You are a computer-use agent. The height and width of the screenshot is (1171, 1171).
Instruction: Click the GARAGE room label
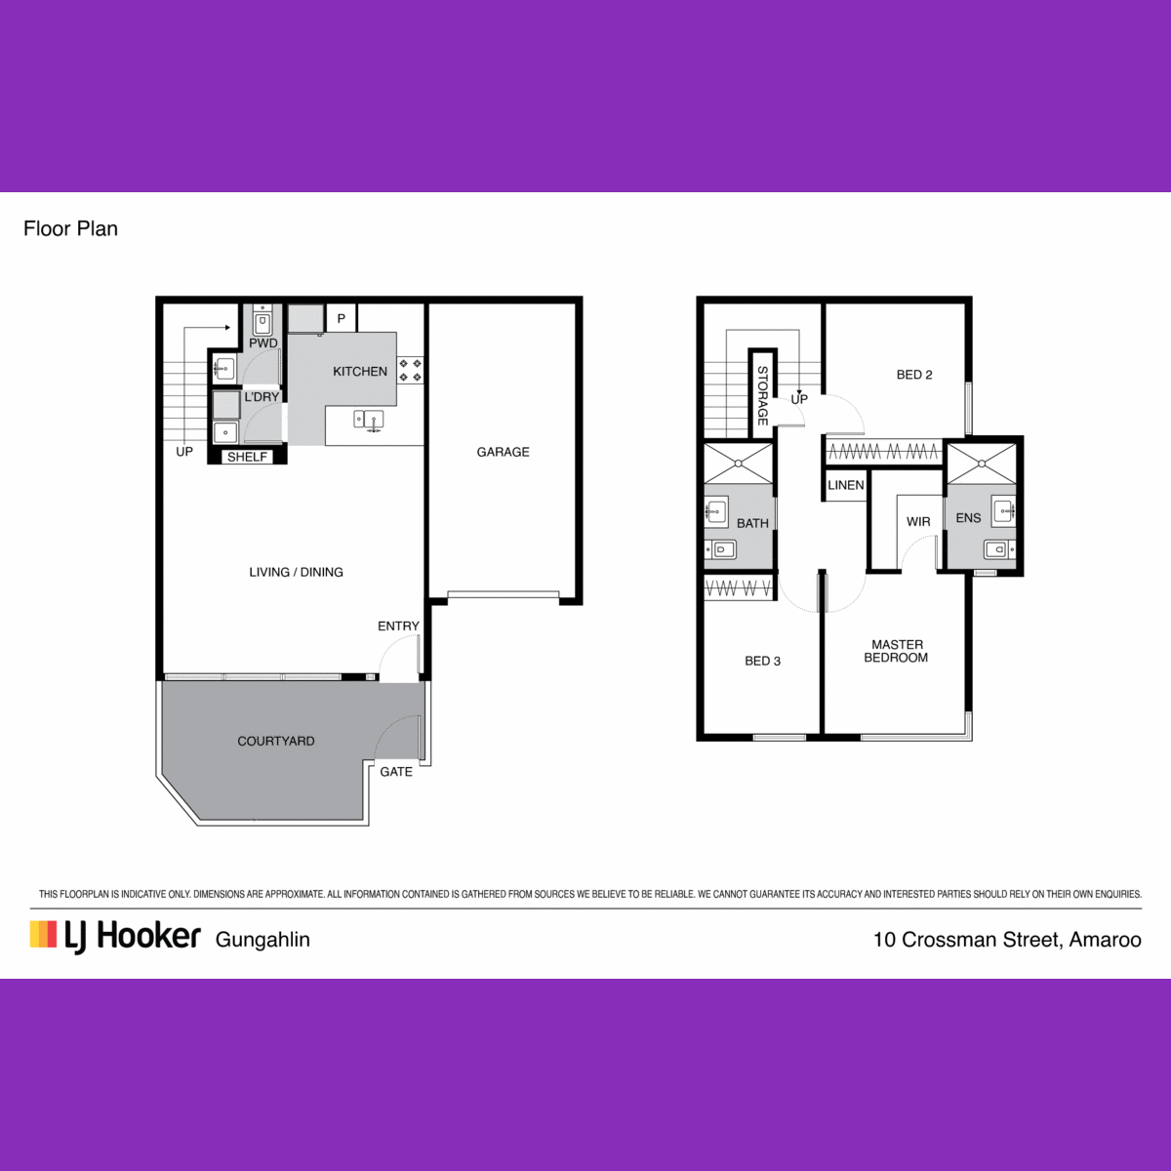tap(503, 452)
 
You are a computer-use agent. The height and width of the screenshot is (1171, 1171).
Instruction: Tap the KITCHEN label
tap(360, 371)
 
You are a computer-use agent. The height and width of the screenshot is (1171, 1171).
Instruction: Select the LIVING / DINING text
tap(296, 572)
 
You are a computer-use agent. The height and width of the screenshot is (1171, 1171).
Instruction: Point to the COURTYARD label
tap(276, 741)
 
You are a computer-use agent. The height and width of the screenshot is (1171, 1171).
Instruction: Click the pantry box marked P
tap(342, 318)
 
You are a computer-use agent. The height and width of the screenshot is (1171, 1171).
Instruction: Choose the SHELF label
tap(247, 457)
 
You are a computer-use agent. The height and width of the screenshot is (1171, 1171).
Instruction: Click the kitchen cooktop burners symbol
tap(410, 371)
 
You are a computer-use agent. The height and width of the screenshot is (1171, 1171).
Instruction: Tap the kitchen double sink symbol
tap(369, 421)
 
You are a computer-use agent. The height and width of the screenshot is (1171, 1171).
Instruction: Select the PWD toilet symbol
tap(262, 321)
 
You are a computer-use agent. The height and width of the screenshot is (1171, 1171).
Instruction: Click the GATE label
tap(396, 772)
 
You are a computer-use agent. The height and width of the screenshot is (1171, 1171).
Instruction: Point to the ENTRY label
tap(399, 626)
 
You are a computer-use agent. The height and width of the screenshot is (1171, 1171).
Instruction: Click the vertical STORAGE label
tap(763, 395)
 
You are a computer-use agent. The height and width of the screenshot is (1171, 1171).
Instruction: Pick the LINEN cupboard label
tap(845, 485)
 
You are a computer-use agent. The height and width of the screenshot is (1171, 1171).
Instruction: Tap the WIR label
tap(918, 521)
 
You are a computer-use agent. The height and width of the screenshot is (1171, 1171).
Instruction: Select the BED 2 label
tap(914, 375)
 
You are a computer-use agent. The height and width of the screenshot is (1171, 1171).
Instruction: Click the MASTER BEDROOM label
tap(897, 651)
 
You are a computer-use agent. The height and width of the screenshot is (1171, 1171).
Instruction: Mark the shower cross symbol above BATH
tap(739, 464)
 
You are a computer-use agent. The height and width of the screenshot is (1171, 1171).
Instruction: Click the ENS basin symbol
tap(1003, 511)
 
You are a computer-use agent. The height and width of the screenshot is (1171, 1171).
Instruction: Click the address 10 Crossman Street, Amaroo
tap(1007, 940)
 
